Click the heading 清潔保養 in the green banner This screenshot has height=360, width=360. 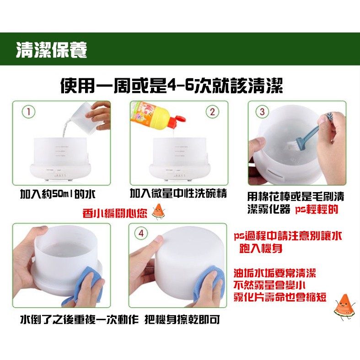[51, 49]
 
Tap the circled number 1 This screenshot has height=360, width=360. [28, 112]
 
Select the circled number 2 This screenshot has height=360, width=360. [212, 112]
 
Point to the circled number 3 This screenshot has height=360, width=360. [262, 112]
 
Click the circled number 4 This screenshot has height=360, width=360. [141, 233]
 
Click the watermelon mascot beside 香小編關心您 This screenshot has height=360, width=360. [158, 211]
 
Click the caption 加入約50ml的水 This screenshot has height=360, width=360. [58, 195]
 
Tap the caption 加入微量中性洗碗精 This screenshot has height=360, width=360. [178, 193]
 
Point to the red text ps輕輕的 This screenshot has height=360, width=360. [317, 210]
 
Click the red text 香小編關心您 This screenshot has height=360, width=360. [114, 213]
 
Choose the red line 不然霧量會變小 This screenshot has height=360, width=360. [269, 285]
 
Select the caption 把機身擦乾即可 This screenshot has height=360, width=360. [183, 319]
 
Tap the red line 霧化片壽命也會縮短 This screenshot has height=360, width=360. [280, 297]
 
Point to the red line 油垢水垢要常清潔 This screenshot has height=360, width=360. [275, 273]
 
